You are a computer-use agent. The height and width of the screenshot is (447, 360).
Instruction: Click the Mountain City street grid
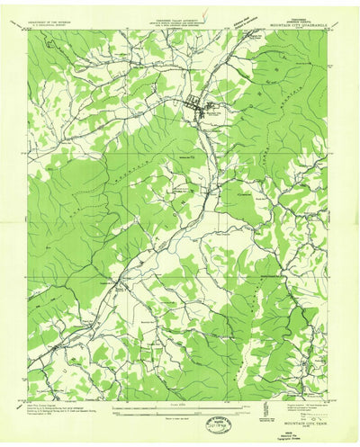(x=196, y=106)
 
